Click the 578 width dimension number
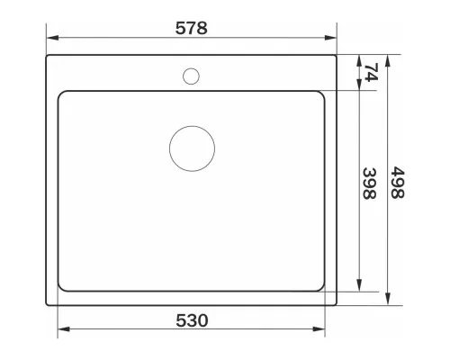point(191,28)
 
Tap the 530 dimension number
point(192,320)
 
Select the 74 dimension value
point(371,72)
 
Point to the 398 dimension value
point(369,184)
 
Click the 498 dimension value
point(398,183)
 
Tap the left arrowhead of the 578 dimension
point(52,38)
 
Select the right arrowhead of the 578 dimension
point(330,38)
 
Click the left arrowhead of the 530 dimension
point(64,329)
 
